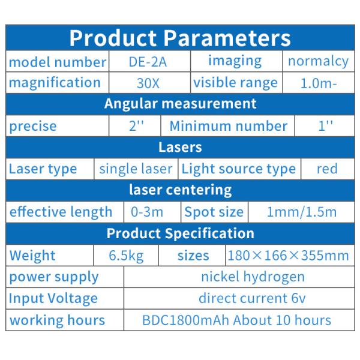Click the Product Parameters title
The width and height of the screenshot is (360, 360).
pos(180,38)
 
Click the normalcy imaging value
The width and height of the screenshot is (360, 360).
pos(318,61)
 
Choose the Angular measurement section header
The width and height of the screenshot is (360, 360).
pos(180,103)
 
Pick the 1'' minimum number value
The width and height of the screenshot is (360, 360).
pos(325,126)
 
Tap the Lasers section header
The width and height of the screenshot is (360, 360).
pos(180,147)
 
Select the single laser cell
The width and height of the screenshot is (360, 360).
pos(136,169)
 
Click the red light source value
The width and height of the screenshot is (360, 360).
pos(327,169)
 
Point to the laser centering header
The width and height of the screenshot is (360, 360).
pos(180,190)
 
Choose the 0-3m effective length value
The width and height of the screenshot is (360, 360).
pos(146,212)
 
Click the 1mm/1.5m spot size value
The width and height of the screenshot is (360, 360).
pos(302,212)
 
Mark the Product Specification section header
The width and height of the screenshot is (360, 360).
pos(180,233)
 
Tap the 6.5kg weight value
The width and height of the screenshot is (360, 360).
pos(126,256)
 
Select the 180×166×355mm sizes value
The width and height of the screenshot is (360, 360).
pos(288,256)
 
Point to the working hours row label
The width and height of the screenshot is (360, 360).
pos(57,320)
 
